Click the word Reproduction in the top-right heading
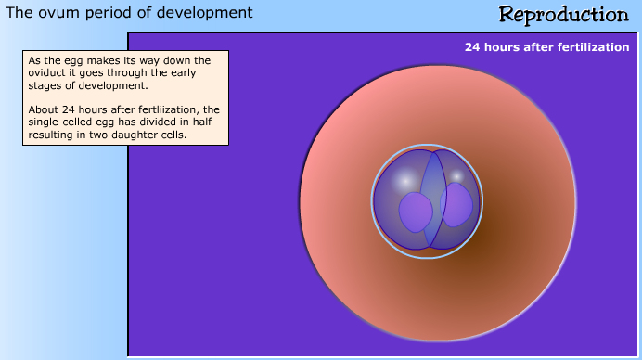[563, 15]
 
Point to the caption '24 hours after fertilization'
[546, 47]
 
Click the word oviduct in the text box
[49, 73]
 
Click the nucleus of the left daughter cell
[416, 212]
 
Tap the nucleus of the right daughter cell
[456, 204]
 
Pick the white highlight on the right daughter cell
[456, 174]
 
